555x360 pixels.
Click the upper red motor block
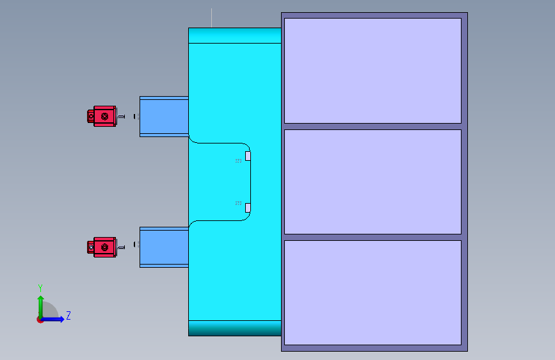coord(104,116)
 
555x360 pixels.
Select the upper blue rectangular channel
coord(164,117)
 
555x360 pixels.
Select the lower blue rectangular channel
coord(164,247)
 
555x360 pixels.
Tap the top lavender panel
coord(373,70)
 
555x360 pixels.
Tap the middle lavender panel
coord(373,182)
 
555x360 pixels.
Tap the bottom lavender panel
coord(373,292)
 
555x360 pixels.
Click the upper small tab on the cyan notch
coord(248,156)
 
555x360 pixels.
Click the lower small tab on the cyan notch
coord(248,208)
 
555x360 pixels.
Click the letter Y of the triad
coord(40,288)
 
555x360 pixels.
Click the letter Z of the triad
coord(68,316)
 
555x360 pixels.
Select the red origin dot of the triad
coord(40,319)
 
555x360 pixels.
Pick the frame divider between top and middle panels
coord(373,126)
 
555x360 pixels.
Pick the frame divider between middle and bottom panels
coord(373,237)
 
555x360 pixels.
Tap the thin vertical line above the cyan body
coord(211,18)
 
